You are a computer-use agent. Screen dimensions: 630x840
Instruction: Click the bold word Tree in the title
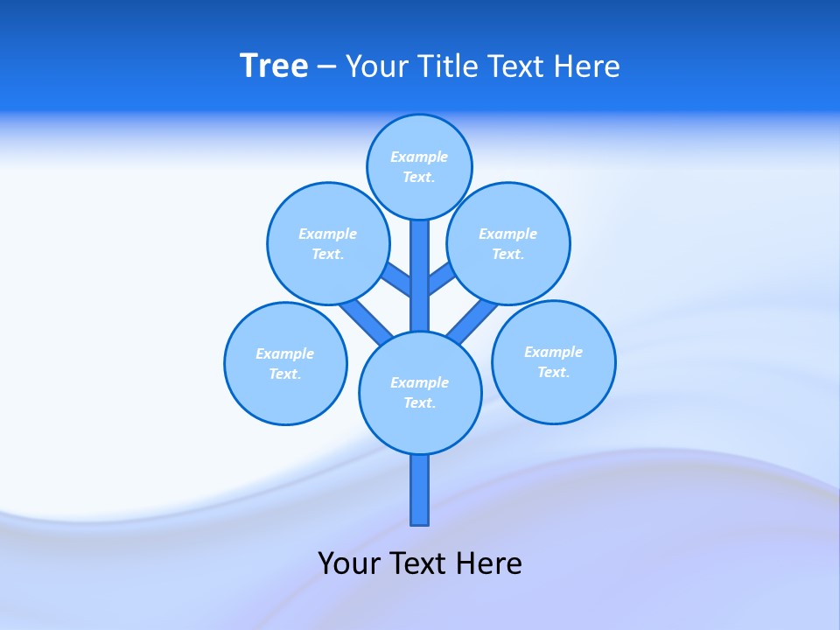pyautogui.click(x=274, y=66)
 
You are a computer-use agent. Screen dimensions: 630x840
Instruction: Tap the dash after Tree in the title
pyautogui.click(x=326, y=67)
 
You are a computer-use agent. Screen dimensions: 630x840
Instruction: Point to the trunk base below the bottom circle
pyautogui.click(x=420, y=490)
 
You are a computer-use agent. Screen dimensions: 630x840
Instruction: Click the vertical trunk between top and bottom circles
pyautogui.click(x=420, y=262)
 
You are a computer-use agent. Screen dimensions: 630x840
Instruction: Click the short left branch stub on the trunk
pyautogui.click(x=397, y=277)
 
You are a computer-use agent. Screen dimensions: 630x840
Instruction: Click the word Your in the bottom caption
pyautogui.click(x=347, y=563)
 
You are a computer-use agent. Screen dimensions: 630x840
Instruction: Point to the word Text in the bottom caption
pyautogui.click(x=417, y=563)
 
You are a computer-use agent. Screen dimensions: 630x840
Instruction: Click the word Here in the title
pyautogui.click(x=586, y=66)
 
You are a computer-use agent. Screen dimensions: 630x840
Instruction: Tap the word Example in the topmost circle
pyautogui.click(x=419, y=157)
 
